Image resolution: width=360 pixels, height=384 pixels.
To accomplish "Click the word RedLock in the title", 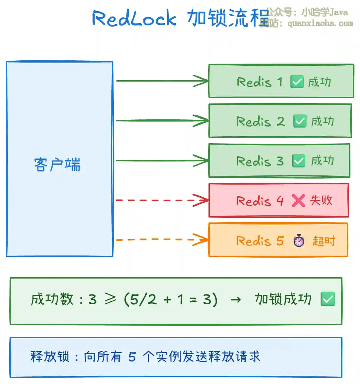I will [134, 18].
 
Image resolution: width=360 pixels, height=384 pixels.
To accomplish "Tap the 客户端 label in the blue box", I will [57, 165].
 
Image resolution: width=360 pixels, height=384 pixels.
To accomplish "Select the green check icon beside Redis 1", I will [297, 82].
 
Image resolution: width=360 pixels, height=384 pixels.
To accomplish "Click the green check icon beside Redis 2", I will [300, 121].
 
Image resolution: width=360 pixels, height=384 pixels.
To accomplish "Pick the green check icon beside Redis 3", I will [299, 161].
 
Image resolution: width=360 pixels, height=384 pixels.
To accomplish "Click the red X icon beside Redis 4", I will [298, 200].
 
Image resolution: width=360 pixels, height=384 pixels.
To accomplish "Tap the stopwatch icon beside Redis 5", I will [299, 240].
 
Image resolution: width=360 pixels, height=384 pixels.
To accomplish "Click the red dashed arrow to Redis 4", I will [156, 200].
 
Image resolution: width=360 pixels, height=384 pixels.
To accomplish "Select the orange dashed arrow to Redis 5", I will [156, 239].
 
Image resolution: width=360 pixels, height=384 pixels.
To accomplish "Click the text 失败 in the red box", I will [321, 200].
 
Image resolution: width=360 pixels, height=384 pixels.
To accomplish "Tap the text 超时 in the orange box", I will [324, 241].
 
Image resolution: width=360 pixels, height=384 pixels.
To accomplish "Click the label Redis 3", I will [260, 161].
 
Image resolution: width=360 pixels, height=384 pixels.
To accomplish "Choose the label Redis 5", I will [260, 241].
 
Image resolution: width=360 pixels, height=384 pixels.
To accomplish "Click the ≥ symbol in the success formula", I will [110, 299].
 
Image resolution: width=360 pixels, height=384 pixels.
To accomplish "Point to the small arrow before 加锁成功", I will [236, 300].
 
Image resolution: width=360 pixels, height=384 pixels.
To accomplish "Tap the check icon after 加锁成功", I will [328, 299].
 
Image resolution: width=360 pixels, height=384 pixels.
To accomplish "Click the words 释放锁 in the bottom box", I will [50, 357].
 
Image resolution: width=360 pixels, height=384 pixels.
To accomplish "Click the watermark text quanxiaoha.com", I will [320, 24].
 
